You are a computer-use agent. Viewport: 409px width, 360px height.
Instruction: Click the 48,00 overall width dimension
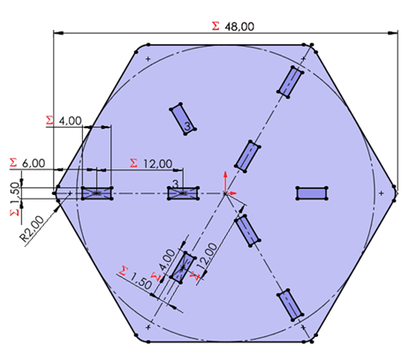241,26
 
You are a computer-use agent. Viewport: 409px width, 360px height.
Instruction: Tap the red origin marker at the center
227,192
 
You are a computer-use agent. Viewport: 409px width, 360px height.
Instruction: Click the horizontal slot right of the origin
312,192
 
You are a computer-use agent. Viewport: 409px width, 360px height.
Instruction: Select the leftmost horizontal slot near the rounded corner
96,192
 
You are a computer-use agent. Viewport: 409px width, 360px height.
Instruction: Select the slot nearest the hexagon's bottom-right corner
290,304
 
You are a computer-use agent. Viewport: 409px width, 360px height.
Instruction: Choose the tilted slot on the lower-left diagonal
184,267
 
